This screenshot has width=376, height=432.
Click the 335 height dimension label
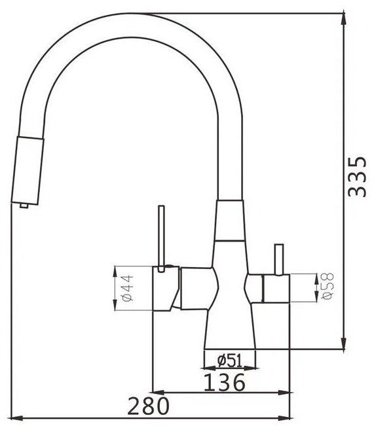click(x=357, y=177)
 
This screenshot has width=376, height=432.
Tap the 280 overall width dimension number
click(x=148, y=406)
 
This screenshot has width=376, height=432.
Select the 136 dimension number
click(x=224, y=382)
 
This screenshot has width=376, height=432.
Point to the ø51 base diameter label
click(x=229, y=361)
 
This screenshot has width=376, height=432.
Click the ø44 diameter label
click(x=128, y=288)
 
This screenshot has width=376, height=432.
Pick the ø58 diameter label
click(x=328, y=286)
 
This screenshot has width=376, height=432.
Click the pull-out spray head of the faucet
click(x=28, y=171)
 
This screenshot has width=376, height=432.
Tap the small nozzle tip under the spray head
click(x=24, y=206)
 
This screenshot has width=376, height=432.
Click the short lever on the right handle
click(x=279, y=259)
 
